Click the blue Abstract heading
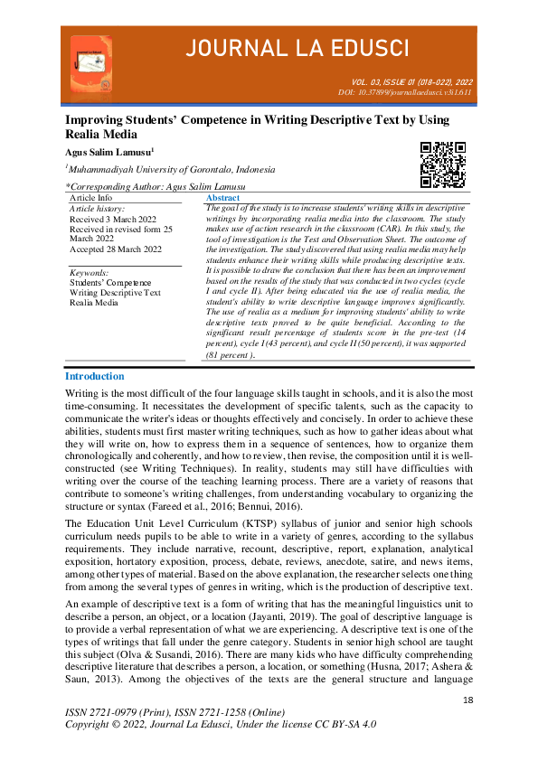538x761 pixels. point(223,197)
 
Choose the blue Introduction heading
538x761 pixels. point(95,376)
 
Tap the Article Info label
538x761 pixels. point(91,197)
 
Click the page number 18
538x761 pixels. point(467,700)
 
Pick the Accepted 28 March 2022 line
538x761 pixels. point(116,249)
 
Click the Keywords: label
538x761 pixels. point(89,272)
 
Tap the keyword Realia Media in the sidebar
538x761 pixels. point(94,303)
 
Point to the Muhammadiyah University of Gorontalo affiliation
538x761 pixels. point(170,169)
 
